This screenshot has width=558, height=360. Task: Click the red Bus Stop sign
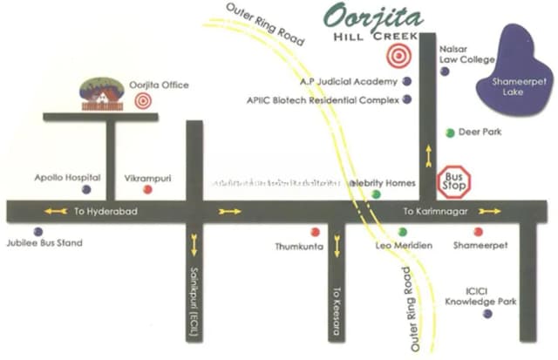(x=454, y=183)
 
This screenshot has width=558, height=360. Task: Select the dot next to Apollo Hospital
(x=85, y=189)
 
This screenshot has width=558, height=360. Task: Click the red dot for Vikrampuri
(x=147, y=189)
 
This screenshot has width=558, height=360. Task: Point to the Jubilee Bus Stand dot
(x=37, y=231)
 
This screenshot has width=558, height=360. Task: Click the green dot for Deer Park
(x=450, y=132)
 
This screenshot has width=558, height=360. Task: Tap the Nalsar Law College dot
(x=445, y=71)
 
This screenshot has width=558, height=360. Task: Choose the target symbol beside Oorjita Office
(x=143, y=100)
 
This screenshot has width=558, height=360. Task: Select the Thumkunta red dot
(x=315, y=232)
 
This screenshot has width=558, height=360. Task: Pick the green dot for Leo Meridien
(x=402, y=232)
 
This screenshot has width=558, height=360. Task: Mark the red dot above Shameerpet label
(x=478, y=232)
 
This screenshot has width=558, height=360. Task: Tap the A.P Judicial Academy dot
(x=406, y=81)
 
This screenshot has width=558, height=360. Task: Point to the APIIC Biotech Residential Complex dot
(x=406, y=99)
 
